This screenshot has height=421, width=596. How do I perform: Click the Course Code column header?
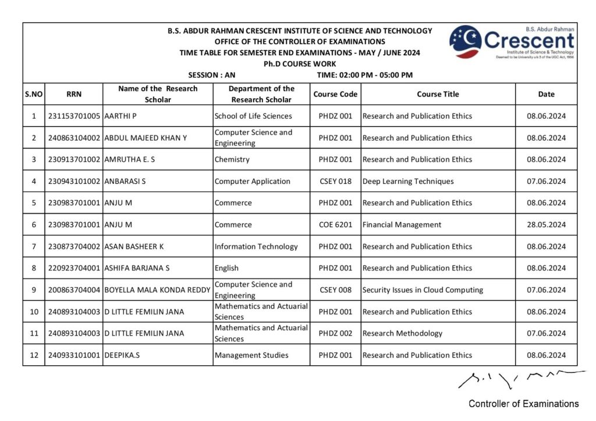pos(335,94)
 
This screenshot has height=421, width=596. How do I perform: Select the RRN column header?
pos(74,94)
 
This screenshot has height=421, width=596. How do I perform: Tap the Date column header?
pos(546,94)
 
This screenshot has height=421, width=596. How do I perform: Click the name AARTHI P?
pos(120,116)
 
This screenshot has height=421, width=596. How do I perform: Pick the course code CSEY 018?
pos(335,181)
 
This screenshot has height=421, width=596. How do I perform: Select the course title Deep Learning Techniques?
pos(407,181)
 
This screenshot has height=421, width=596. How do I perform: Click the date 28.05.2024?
pos(546,225)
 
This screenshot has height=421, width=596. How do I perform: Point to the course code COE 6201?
pos(335,225)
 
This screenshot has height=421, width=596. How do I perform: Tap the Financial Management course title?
pos(402,225)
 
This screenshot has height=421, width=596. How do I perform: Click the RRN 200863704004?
pos(74,290)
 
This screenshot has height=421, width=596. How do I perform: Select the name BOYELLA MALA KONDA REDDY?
pos(157,290)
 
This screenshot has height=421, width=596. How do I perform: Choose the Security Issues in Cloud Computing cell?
pos(423,290)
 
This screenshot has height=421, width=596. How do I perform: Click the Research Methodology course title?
pos(402,334)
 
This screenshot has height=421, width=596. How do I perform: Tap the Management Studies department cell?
pos(251,355)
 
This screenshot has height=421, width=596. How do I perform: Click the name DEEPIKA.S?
pos(122,355)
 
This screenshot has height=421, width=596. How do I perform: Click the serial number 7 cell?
pos(34,247)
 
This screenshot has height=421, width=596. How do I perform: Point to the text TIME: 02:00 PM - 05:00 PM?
pos(365,75)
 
